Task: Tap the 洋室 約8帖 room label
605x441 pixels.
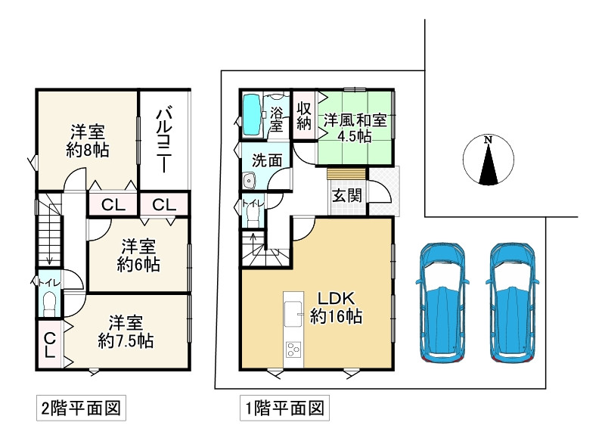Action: [x=88, y=141]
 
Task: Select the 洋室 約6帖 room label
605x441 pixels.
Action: [x=139, y=255]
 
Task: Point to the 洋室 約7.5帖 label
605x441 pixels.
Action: [x=126, y=331]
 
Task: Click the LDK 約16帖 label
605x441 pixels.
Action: [x=336, y=307]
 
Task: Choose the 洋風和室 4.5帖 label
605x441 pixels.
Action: [x=355, y=128]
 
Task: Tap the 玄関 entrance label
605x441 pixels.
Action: [x=347, y=196]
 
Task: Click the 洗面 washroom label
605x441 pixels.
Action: [x=267, y=160]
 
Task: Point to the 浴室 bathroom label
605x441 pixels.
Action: [x=276, y=119]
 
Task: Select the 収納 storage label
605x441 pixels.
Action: [x=304, y=116]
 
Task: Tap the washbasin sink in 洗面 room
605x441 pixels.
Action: [x=250, y=181]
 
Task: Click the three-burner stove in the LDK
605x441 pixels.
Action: [x=293, y=350]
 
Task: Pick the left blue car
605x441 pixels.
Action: [x=442, y=303]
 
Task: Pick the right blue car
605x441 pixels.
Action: [x=513, y=303]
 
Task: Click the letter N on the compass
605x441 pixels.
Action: [x=489, y=140]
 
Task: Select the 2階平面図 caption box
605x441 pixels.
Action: [x=81, y=408]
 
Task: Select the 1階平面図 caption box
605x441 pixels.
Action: [x=284, y=408]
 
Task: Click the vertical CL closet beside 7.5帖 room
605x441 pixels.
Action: [x=50, y=345]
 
